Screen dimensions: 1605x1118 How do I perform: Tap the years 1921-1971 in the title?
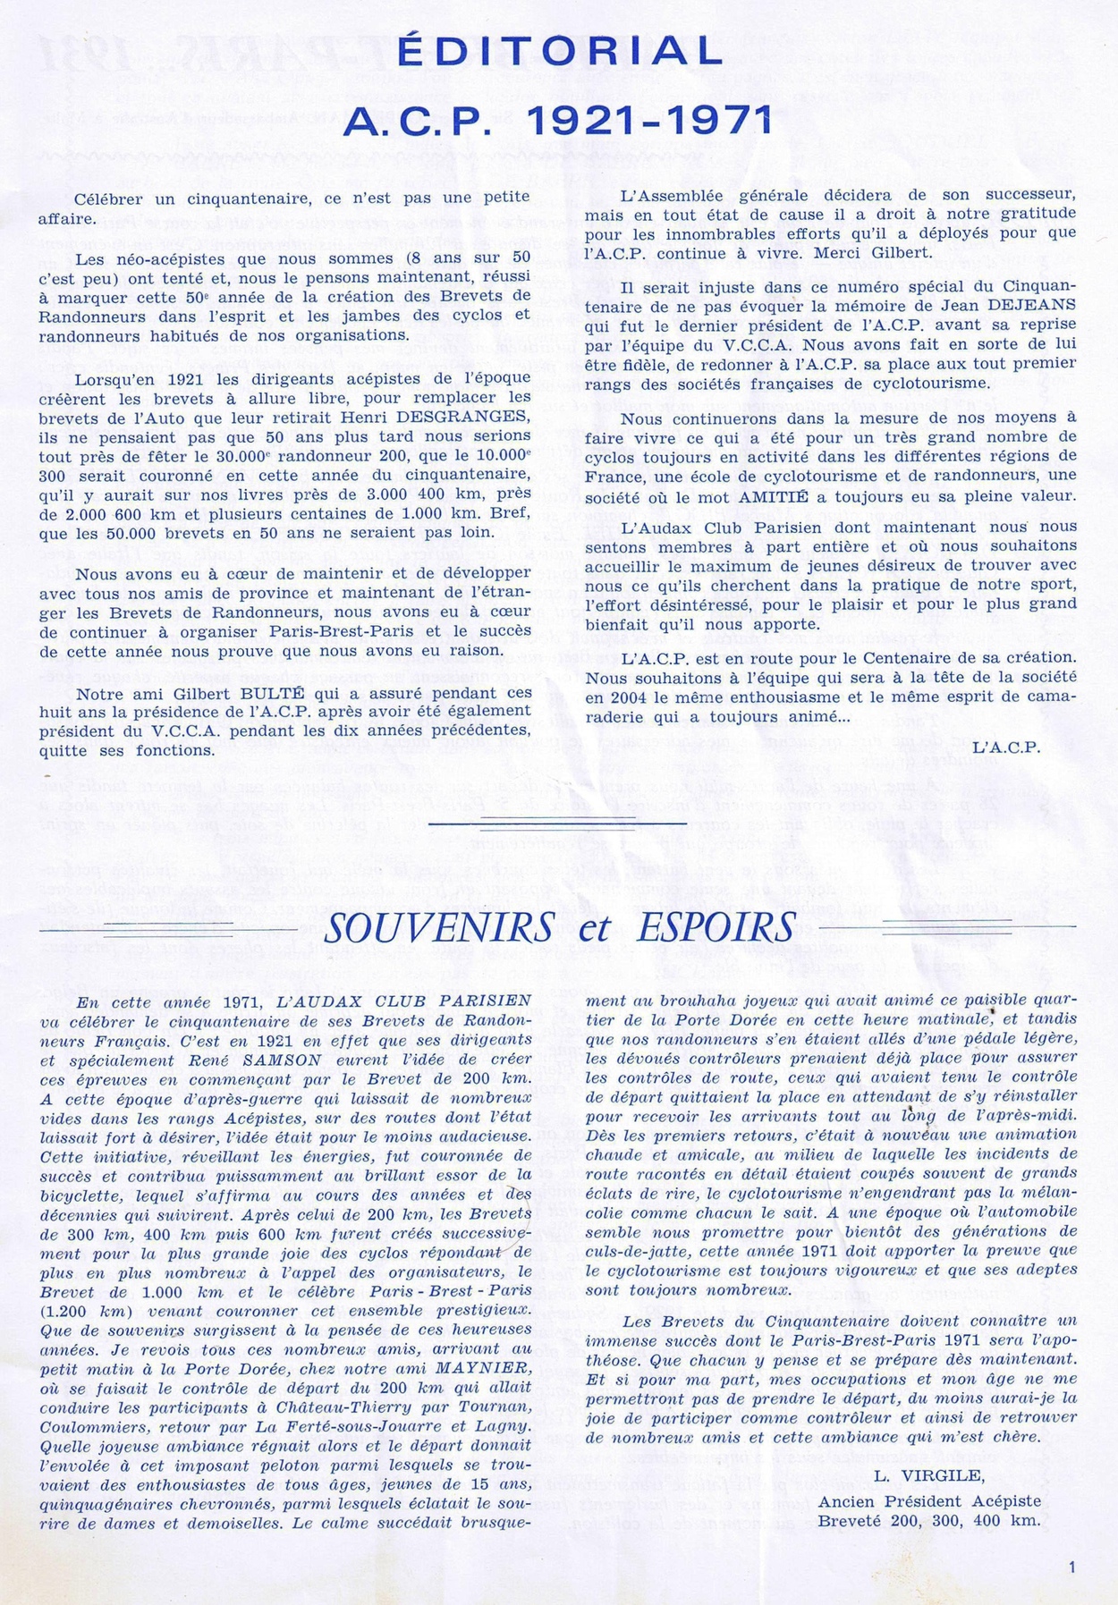651,119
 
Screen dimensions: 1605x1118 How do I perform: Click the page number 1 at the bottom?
1071,1565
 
